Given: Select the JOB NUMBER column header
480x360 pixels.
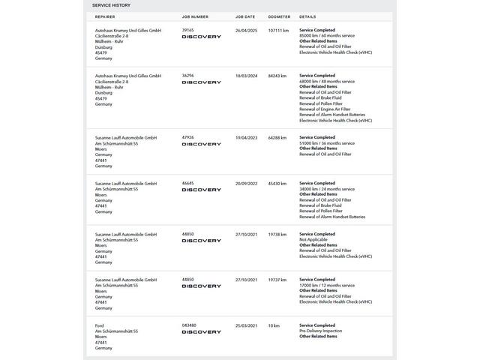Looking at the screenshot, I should (195, 16).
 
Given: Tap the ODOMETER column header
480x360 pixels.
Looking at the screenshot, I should (279, 16).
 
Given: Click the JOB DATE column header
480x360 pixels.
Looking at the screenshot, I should (245, 16).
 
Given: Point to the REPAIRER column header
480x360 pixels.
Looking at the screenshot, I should (105, 16).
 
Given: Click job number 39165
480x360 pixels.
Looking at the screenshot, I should (187, 30).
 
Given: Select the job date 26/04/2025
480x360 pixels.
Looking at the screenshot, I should (246, 30).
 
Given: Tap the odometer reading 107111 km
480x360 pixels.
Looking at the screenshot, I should (278, 30).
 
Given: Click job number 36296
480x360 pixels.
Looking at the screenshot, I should (187, 76).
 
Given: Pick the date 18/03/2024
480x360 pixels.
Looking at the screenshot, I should (246, 76).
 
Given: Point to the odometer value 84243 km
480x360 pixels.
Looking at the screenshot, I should (277, 76).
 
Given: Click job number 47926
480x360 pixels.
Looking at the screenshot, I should (187, 137).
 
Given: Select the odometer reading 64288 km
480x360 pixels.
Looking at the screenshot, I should (277, 137).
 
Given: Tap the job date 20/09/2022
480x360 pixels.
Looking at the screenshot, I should (246, 183).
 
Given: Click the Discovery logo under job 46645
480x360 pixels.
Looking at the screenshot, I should (201, 190).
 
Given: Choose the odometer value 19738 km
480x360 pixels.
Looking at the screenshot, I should (277, 234).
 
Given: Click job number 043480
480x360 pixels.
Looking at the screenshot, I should (189, 325).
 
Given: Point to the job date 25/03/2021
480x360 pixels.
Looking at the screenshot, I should (246, 325).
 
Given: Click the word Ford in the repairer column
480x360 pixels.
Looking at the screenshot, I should (100, 325).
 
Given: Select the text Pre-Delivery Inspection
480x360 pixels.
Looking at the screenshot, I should (320, 331).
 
